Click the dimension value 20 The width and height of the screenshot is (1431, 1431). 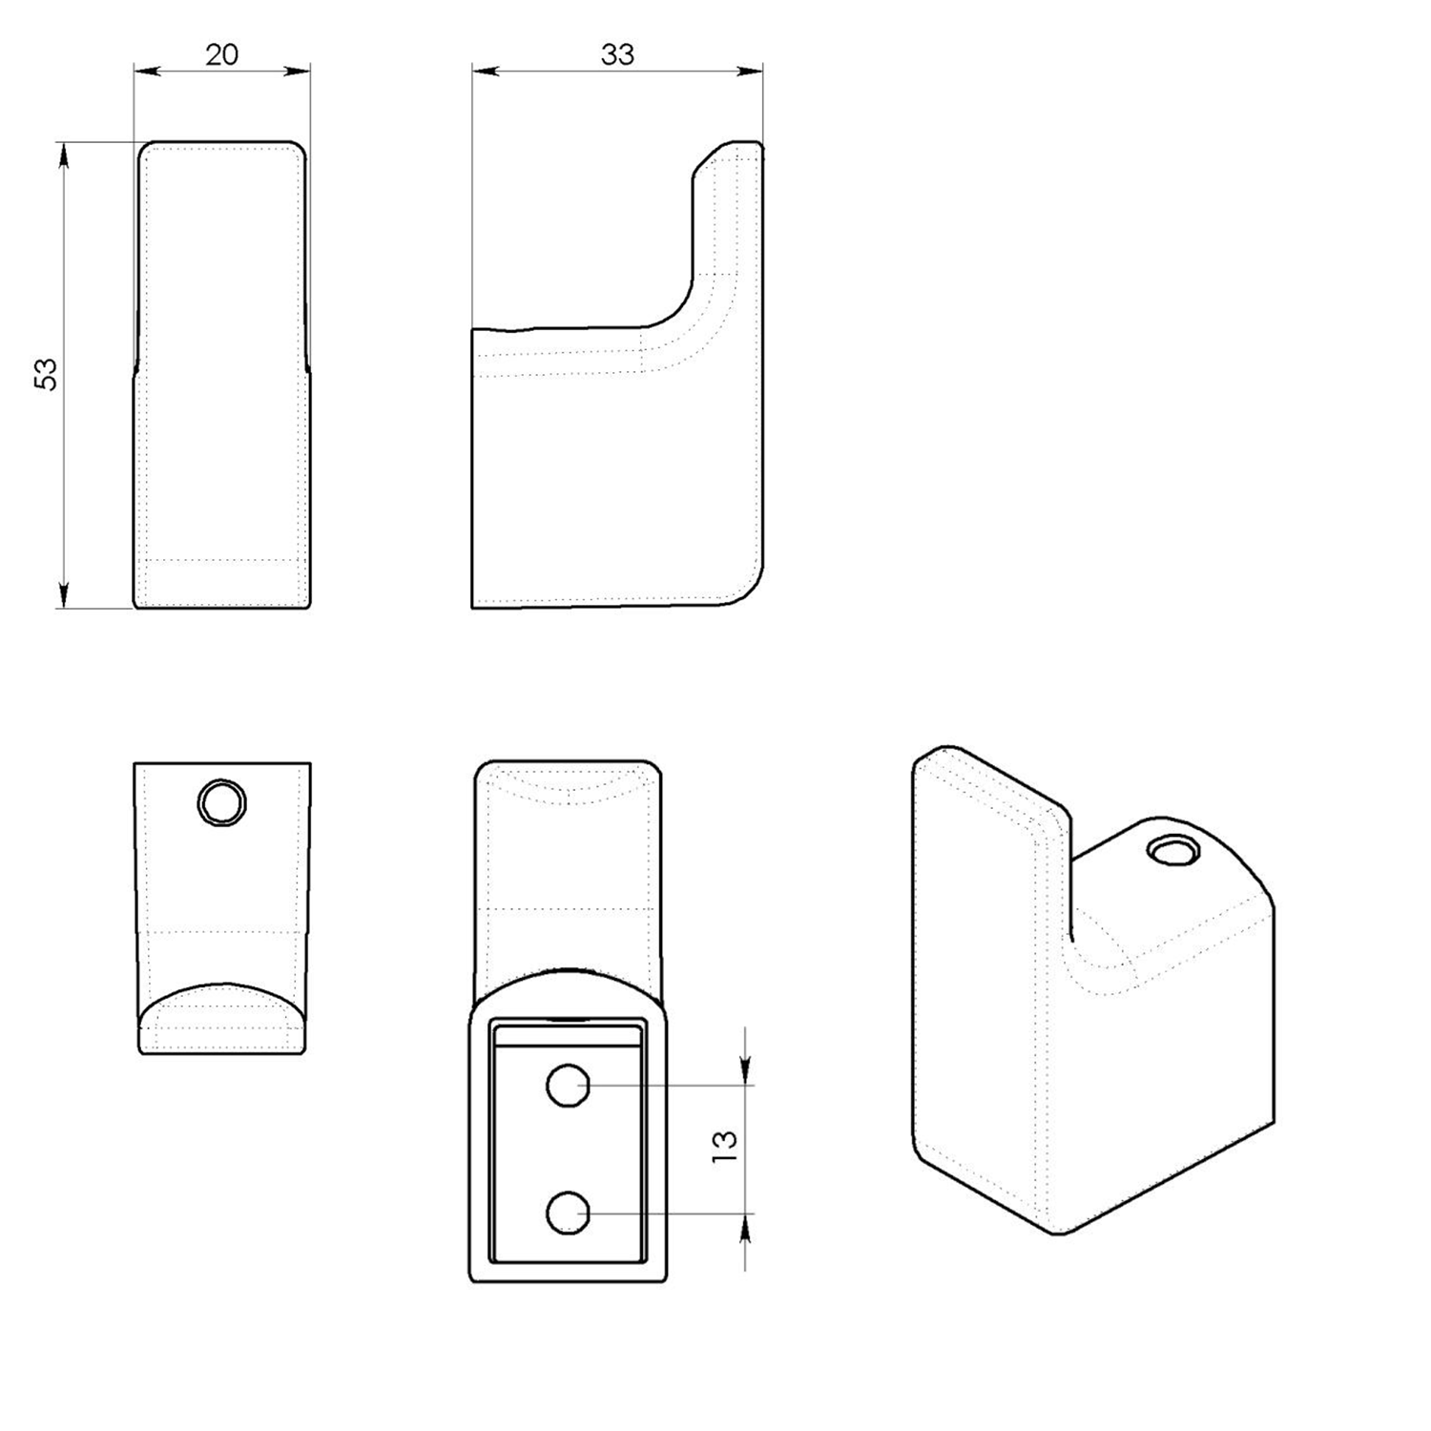221,54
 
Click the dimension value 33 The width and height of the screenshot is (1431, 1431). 617,54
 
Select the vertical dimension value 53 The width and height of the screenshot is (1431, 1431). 46,373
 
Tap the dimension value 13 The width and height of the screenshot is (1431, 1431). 724,1145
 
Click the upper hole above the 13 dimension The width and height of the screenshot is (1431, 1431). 568,1085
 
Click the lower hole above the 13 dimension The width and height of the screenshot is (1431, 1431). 568,1213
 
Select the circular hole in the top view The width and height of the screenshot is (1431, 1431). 221,802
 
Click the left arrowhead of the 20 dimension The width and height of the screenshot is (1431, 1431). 146,70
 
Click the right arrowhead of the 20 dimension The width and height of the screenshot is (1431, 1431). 299,70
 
